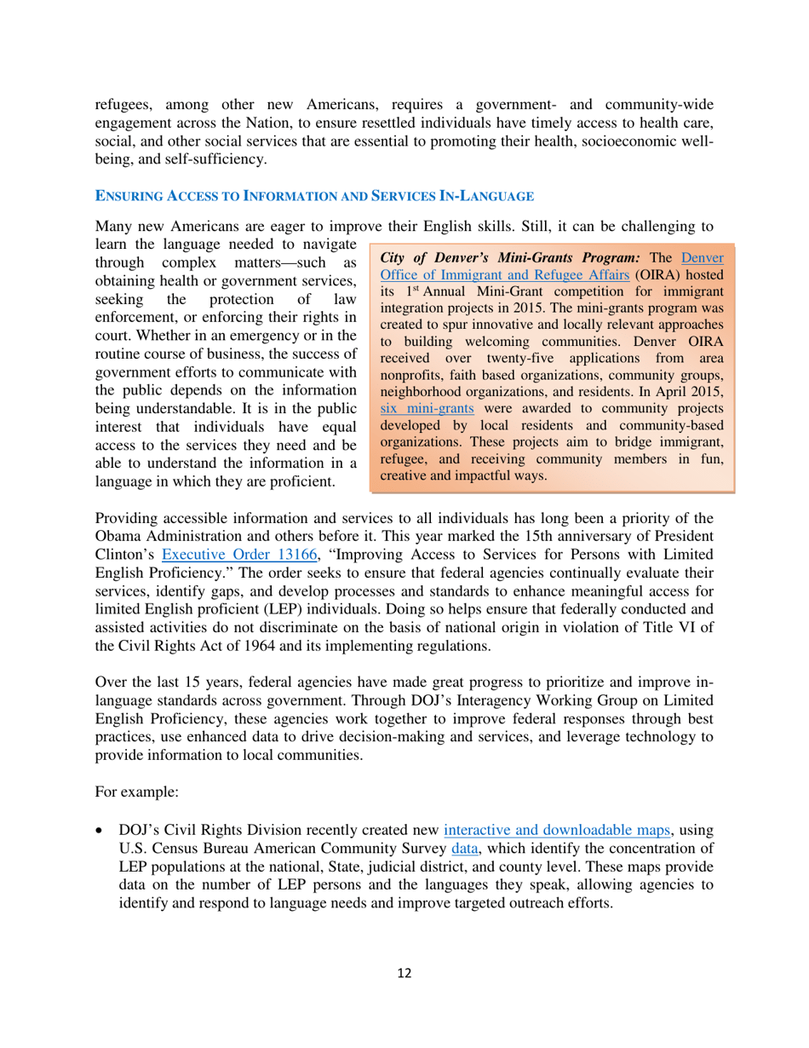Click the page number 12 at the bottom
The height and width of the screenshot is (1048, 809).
point(404,997)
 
